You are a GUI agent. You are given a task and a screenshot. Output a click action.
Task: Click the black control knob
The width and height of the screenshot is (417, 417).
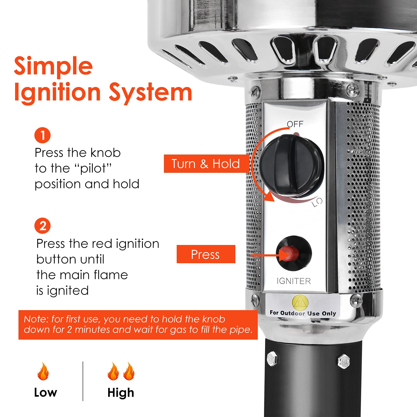[292, 166]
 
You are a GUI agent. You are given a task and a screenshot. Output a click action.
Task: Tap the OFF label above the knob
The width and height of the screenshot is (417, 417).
[295, 124]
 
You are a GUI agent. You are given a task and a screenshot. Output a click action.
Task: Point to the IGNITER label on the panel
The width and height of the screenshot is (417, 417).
[294, 281]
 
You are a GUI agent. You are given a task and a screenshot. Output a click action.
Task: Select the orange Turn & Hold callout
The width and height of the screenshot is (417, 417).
[206, 164]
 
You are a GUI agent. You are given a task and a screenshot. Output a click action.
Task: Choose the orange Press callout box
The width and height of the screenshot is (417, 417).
[206, 254]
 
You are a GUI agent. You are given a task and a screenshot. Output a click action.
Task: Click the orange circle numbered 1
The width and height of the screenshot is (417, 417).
[42, 135]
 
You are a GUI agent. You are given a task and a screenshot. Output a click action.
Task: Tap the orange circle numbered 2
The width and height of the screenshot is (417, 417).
[42, 226]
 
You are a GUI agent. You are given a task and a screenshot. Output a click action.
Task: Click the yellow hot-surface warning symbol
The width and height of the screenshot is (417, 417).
[300, 302]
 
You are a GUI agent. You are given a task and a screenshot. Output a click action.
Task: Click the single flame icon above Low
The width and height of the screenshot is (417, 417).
[43, 371]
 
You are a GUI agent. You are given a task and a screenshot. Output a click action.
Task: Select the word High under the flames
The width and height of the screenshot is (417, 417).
[121, 393]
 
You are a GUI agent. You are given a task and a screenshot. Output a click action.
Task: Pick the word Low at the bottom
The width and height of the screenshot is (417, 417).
[46, 393]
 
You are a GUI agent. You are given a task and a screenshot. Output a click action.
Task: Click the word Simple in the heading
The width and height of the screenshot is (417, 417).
[53, 66]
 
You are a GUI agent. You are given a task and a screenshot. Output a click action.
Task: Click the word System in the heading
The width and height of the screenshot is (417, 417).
[150, 93]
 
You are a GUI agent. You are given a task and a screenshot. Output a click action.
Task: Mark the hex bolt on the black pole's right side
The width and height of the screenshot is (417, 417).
[344, 362]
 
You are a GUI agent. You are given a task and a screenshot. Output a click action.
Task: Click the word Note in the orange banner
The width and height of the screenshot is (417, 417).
[35, 319]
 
